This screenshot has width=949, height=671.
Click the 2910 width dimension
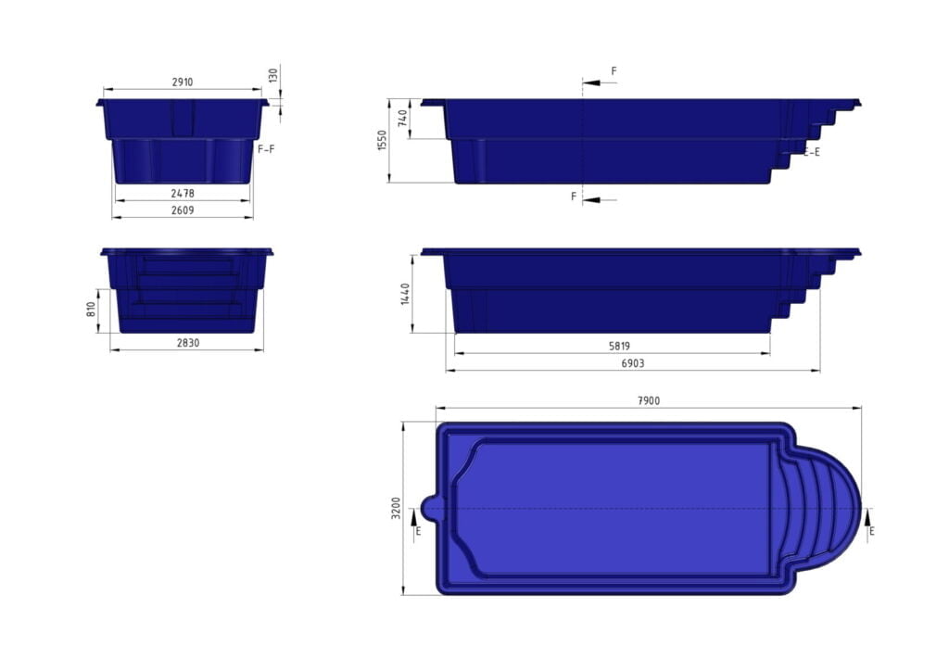click(x=183, y=82)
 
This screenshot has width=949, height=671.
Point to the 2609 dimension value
click(x=183, y=210)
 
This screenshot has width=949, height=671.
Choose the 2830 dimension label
click(x=186, y=343)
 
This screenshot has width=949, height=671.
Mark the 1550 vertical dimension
click(x=383, y=140)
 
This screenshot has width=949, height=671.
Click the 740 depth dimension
click(x=401, y=119)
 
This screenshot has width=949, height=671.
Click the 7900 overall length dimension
click(x=648, y=400)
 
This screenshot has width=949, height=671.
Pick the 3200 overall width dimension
click(x=396, y=508)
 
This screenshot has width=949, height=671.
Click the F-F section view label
click(x=265, y=148)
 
